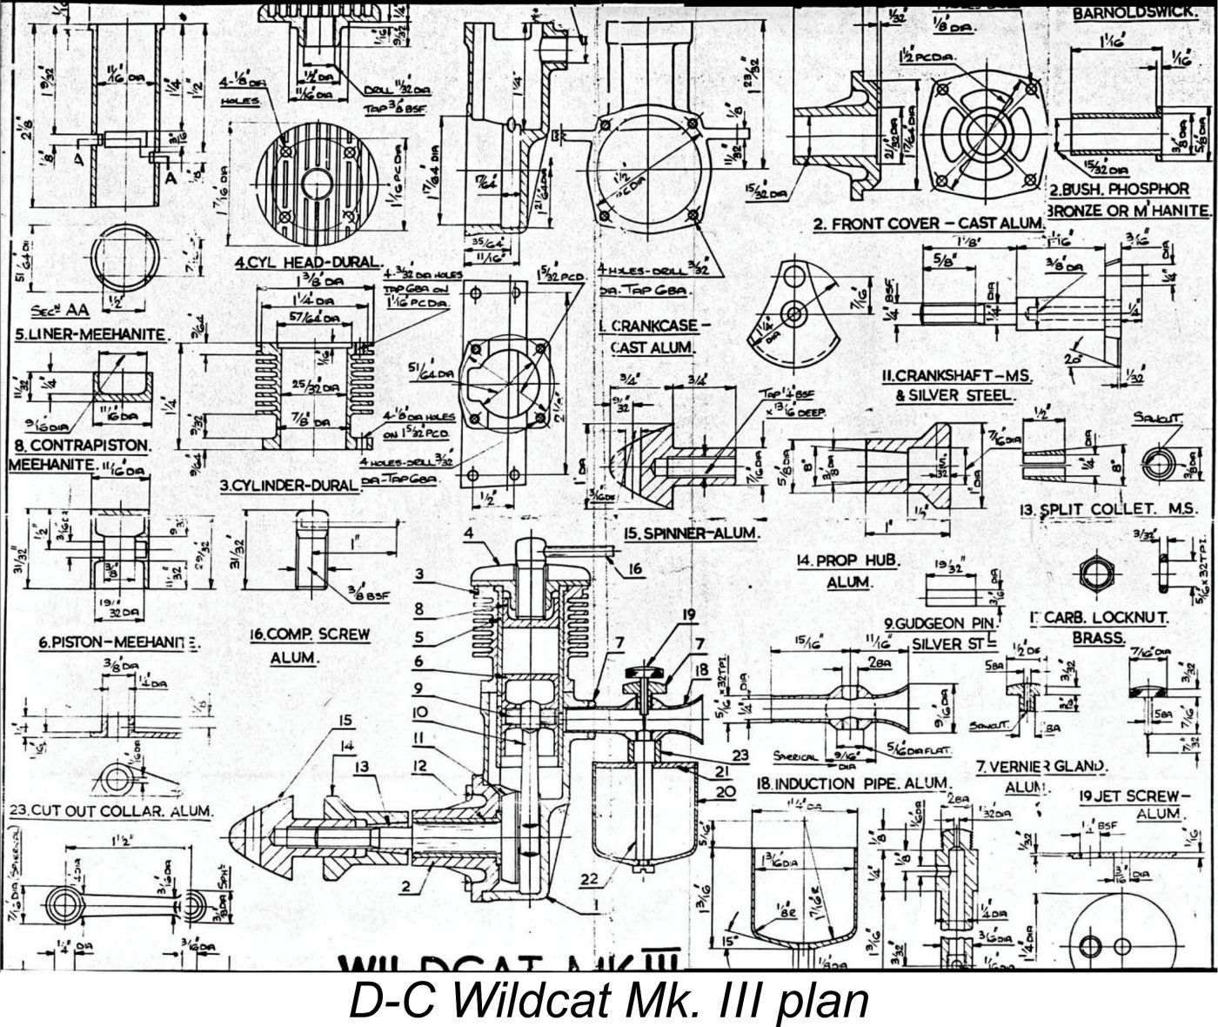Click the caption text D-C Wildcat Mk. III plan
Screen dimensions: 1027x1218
pos(609,1001)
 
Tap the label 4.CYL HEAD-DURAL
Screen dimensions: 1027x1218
pos(309,262)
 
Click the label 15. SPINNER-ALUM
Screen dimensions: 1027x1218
pos(690,533)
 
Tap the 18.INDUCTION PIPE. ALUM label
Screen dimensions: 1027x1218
pos(852,784)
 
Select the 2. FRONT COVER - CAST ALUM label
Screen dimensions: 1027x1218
pos(927,224)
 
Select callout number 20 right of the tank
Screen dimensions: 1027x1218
pos(726,790)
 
